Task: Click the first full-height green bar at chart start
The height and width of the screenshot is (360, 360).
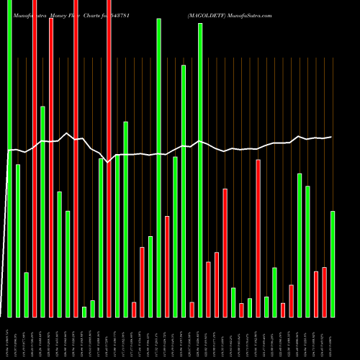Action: coord(9,158)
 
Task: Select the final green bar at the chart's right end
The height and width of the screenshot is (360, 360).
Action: coord(333,264)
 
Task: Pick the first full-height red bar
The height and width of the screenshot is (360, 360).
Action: coord(35,158)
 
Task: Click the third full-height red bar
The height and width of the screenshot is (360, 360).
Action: coord(109,158)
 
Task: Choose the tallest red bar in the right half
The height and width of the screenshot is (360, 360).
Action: coord(258,238)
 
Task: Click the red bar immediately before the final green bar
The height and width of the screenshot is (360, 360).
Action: coord(324,292)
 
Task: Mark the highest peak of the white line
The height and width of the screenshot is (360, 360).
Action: coord(67,133)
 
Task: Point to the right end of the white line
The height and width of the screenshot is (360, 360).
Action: coord(332,137)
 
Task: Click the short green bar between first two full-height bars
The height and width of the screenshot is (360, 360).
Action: coord(26,294)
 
